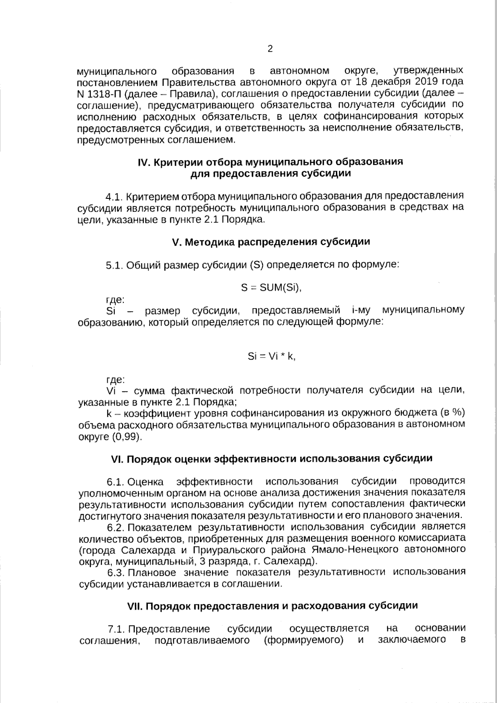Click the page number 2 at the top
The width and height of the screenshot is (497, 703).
coord(270,49)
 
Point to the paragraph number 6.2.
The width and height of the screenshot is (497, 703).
coord(116,528)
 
